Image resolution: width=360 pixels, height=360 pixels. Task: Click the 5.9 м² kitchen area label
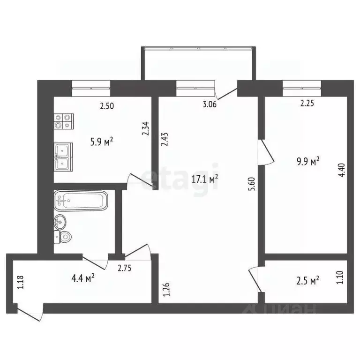[103, 142]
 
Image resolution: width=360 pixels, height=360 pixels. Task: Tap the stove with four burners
[63, 122]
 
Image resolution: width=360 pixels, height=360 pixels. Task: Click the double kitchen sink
[63, 157]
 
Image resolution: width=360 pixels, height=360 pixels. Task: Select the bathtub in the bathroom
[81, 201]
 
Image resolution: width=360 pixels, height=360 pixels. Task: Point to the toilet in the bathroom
[63, 237]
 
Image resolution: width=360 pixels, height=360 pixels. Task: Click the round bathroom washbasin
[60, 221]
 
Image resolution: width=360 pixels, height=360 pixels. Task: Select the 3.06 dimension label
[209, 105]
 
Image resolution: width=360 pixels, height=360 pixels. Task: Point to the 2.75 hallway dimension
[124, 269]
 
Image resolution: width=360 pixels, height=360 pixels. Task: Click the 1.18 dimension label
[19, 283]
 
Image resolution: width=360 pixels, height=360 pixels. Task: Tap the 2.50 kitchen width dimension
[106, 106]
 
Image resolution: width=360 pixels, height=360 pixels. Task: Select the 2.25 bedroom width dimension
[307, 104]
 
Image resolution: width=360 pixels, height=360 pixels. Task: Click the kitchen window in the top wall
[91, 85]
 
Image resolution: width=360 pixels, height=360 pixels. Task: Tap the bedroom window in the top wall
[301, 85]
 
